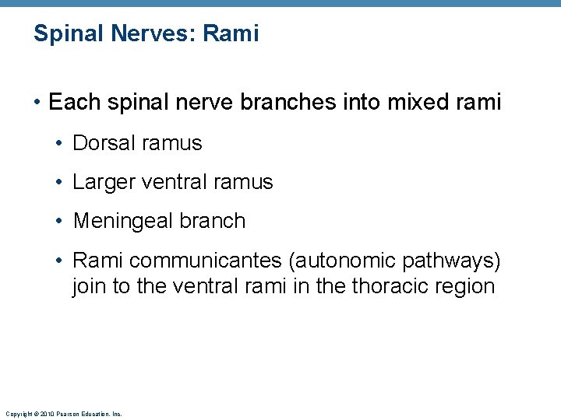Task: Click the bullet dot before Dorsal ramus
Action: tap(59, 144)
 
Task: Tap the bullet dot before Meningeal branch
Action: tap(59, 222)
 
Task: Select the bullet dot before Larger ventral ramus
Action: tap(59, 183)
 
